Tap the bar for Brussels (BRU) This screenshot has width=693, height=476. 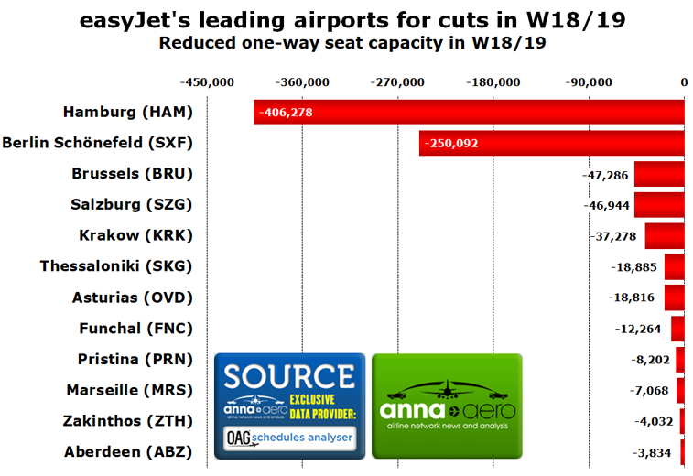[x=659, y=174]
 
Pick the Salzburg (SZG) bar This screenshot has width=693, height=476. [x=659, y=205]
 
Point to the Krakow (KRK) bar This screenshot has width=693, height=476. [x=665, y=236]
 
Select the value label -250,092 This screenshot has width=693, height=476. [x=450, y=143]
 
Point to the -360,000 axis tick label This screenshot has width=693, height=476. [x=304, y=81]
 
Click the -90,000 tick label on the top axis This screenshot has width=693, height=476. [x=588, y=81]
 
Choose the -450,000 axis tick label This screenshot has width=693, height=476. [x=209, y=81]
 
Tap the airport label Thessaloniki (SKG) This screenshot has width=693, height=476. [x=117, y=266]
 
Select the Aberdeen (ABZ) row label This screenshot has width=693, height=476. [x=129, y=451]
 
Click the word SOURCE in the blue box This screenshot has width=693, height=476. [x=289, y=376]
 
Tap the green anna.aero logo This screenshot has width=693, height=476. [x=447, y=405]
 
